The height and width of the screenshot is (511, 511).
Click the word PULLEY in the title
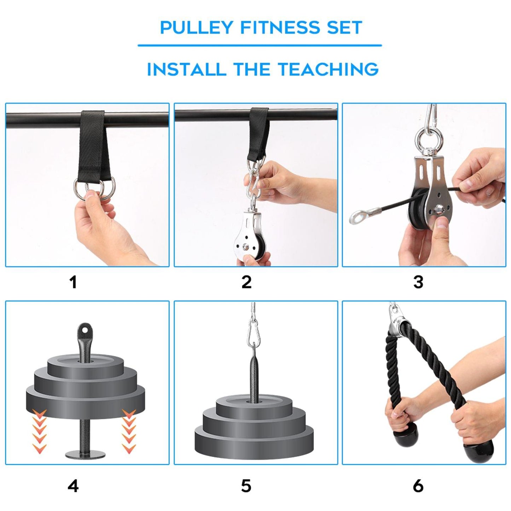[x=196, y=28]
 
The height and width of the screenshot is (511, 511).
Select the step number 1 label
[x=73, y=283]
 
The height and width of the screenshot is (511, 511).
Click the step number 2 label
[x=246, y=283]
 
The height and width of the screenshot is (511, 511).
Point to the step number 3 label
[x=418, y=283]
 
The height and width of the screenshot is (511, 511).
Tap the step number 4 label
[x=73, y=486]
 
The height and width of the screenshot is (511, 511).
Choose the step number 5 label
[x=246, y=486]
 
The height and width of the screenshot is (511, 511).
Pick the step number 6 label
[x=418, y=486]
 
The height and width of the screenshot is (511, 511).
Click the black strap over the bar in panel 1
[x=93, y=141]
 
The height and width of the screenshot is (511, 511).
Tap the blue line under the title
[x=260, y=45]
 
